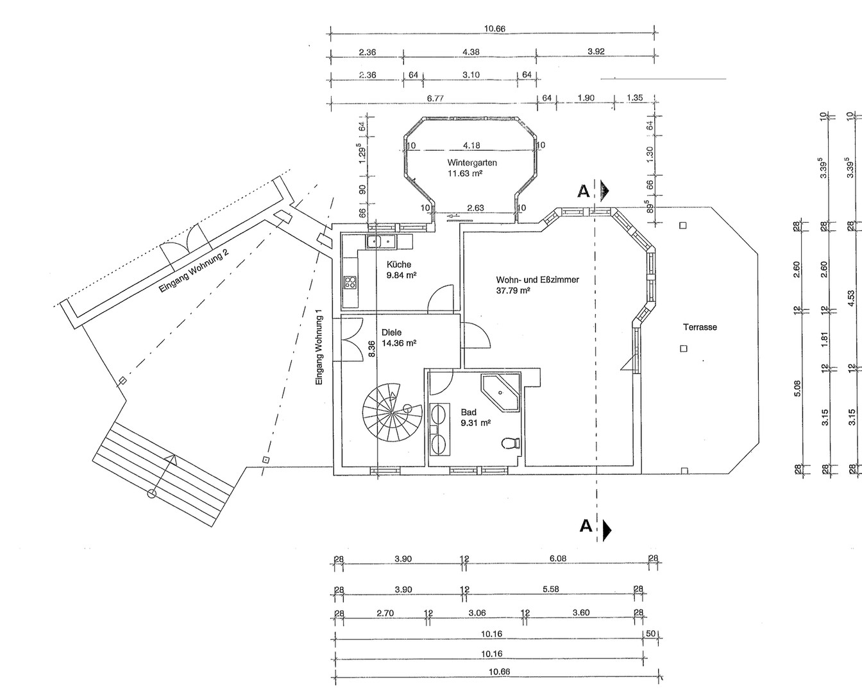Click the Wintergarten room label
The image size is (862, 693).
click(472, 163)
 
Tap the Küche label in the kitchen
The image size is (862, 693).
click(398, 264)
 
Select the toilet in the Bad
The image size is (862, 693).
click(511, 443)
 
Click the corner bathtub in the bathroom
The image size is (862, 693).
click(500, 393)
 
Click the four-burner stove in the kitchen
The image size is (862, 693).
click(350, 282)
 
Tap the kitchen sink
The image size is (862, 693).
click(380, 242)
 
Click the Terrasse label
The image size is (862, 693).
click(700, 327)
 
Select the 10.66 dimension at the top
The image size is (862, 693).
click(494, 29)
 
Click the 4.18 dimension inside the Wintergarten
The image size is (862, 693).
click(471, 145)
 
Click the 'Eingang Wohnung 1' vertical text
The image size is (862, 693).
click(319, 351)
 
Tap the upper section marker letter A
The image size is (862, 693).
click(584, 192)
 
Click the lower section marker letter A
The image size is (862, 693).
click(586, 526)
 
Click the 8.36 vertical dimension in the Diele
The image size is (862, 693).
click(371, 348)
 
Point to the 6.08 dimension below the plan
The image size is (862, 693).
click(558, 558)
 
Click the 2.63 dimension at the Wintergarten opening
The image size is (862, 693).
click(475, 208)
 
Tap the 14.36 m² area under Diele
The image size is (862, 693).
click(399, 343)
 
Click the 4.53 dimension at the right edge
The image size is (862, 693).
click(852, 298)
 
